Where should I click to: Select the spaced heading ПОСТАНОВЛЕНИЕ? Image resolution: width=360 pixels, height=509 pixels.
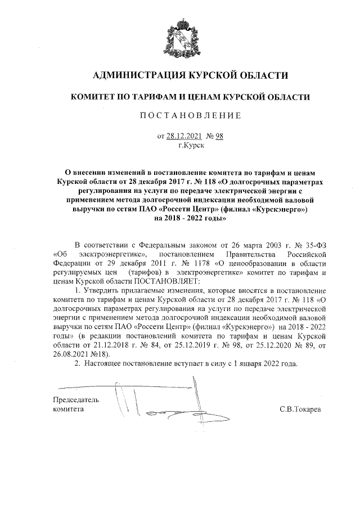pyautogui.click(x=190, y=116)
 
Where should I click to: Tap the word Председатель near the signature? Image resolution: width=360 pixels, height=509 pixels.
pyautogui.click(x=75, y=400)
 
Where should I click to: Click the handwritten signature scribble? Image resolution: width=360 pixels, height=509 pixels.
pyautogui.click(x=169, y=408)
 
